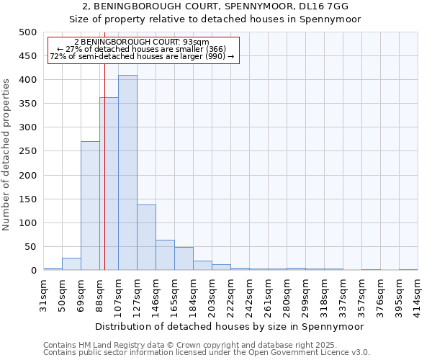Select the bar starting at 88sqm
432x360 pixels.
(x=109, y=184)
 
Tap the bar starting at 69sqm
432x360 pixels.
(x=90, y=206)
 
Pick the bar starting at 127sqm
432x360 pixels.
(x=146, y=238)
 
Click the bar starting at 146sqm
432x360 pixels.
(x=165, y=255)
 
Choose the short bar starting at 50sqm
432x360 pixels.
(x=71, y=264)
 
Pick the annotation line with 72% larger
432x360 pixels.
(x=142, y=56)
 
